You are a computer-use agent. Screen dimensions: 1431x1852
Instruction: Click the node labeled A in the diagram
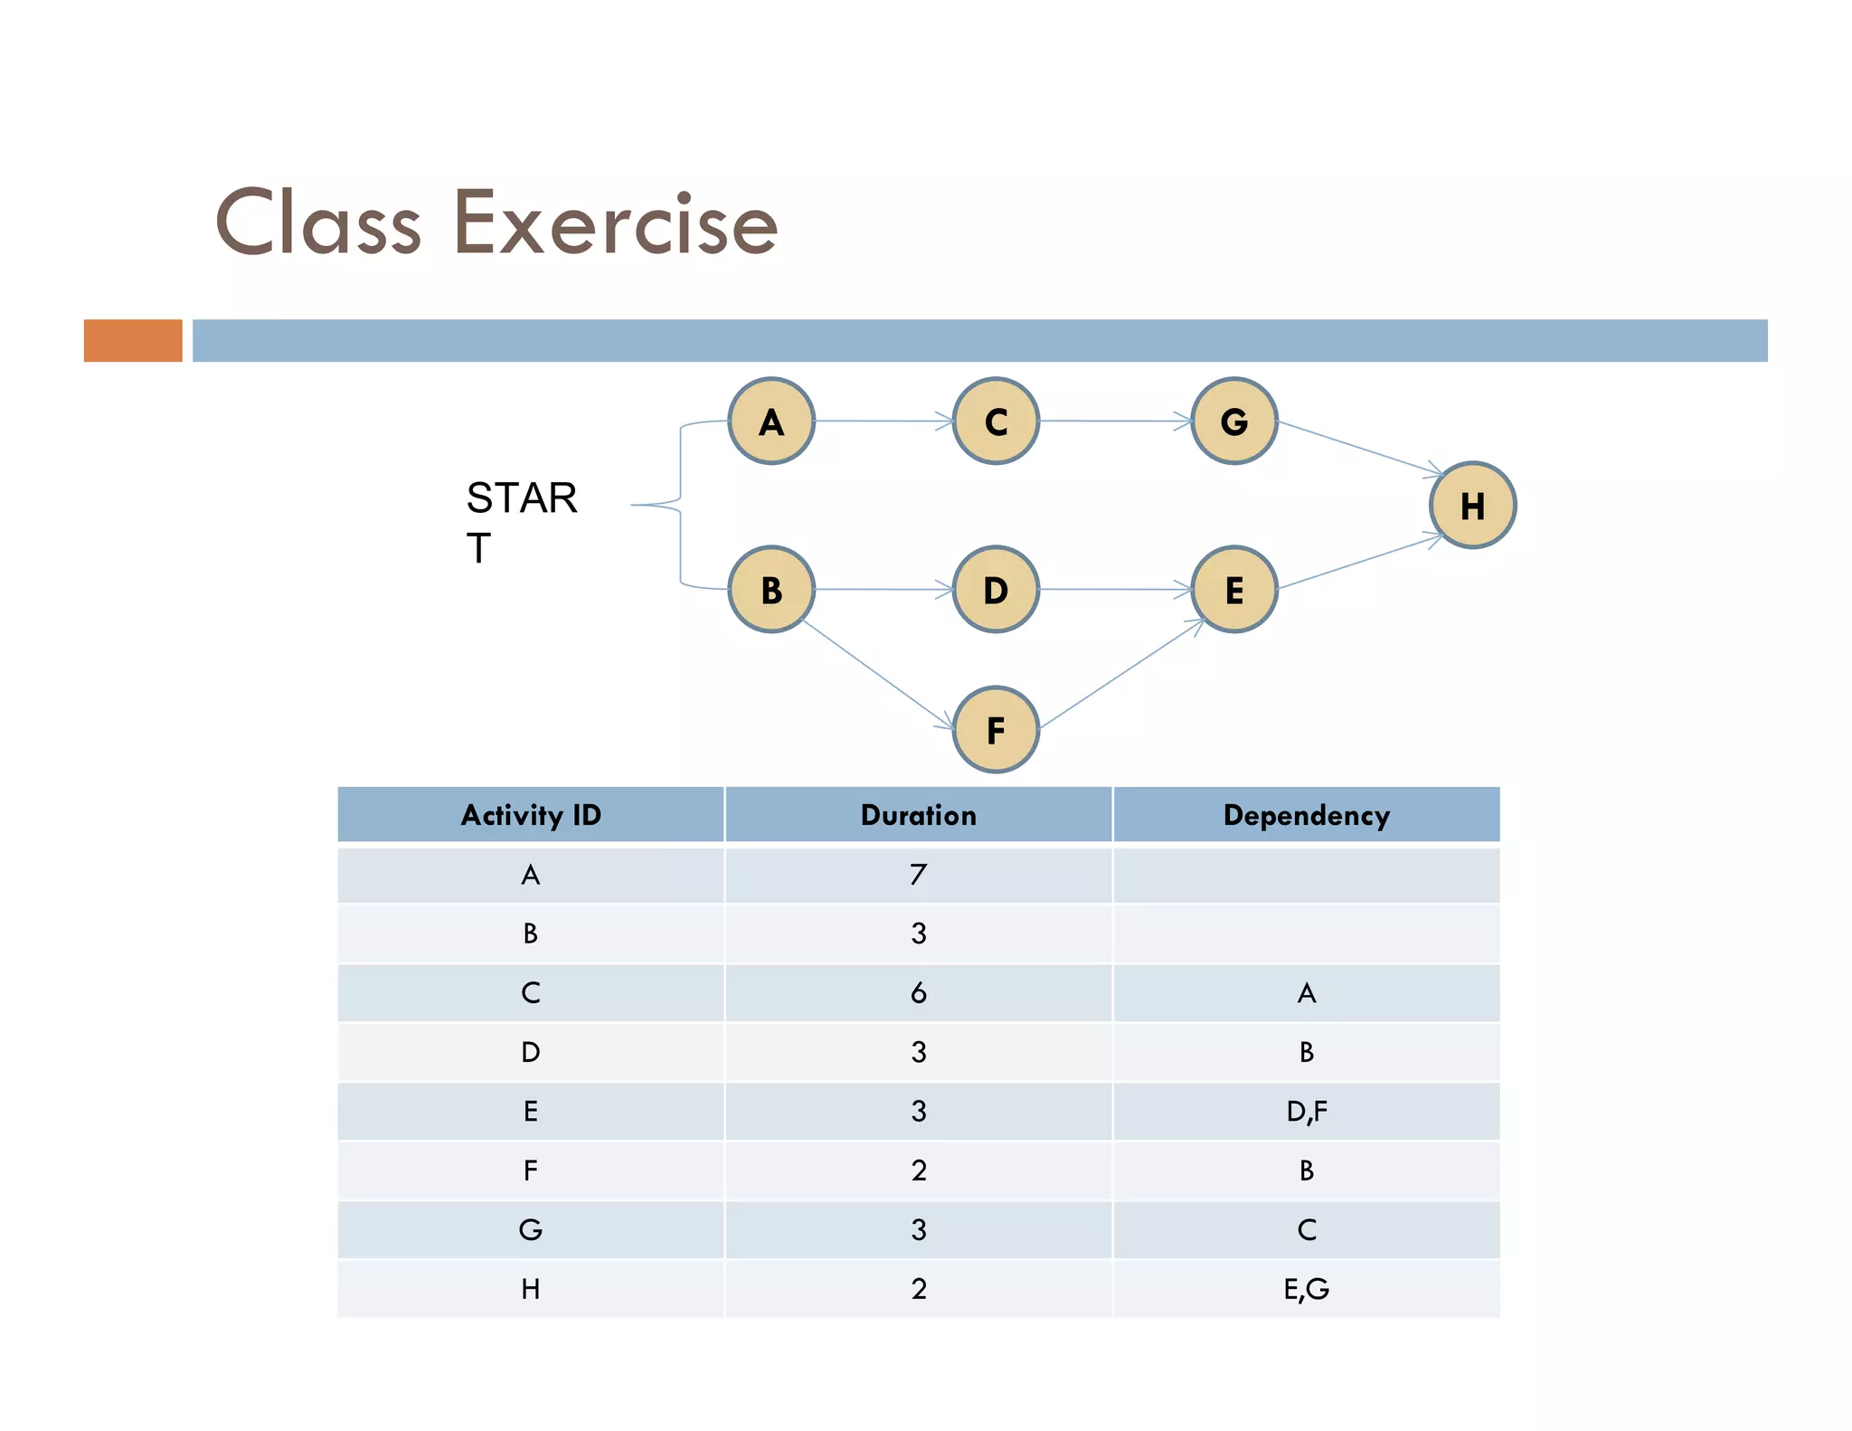point(771,422)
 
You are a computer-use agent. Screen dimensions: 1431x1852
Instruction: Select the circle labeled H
point(1472,506)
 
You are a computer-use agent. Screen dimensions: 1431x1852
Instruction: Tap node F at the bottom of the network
point(996,730)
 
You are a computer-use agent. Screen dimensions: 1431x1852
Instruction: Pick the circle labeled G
point(1234,422)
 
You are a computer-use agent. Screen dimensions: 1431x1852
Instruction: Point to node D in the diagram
point(996,590)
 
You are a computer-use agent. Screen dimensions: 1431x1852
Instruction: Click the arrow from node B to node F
point(877,673)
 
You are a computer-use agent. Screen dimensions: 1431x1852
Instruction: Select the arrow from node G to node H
point(1360,448)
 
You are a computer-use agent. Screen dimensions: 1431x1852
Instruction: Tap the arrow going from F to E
point(1121,674)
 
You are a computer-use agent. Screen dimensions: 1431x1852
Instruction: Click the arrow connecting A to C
point(883,422)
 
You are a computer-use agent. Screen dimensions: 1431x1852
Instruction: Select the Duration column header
point(918,815)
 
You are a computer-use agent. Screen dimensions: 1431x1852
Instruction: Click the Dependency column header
point(1306,815)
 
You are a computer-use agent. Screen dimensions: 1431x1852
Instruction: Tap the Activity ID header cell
point(531,815)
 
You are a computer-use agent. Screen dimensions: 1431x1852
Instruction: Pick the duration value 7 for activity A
point(918,875)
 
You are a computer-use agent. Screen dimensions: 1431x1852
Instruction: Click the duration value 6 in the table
point(918,993)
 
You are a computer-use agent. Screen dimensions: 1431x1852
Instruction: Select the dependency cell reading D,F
point(1306,1112)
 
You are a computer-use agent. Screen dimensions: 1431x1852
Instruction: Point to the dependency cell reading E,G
point(1306,1289)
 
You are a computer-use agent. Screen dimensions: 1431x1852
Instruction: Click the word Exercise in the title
point(615,223)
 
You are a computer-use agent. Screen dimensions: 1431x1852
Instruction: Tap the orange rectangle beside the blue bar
point(133,341)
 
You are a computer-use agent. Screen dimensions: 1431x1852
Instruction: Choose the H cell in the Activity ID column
point(531,1289)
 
